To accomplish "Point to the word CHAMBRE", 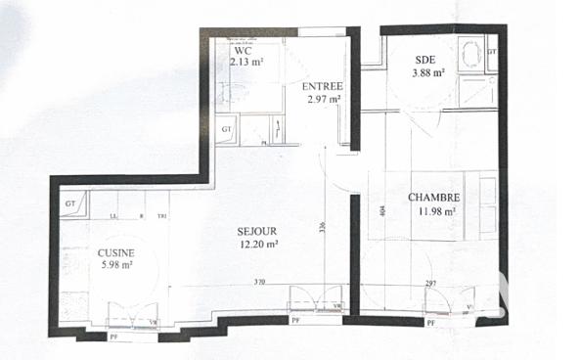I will tap(434, 197).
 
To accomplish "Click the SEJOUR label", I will tap(257, 231).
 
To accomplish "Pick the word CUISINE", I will tap(115, 252).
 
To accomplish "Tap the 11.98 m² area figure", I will tap(435, 210).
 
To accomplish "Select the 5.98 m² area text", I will tap(114, 265).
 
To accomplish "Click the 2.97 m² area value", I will tap(322, 99).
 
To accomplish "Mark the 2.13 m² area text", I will tap(246, 62).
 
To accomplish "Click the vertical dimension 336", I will tap(322, 228).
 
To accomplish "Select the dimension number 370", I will tap(258, 282).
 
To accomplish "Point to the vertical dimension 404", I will tap(382, 208).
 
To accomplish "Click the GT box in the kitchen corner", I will tap(69, 202).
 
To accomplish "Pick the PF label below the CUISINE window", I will tap(113, 337).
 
